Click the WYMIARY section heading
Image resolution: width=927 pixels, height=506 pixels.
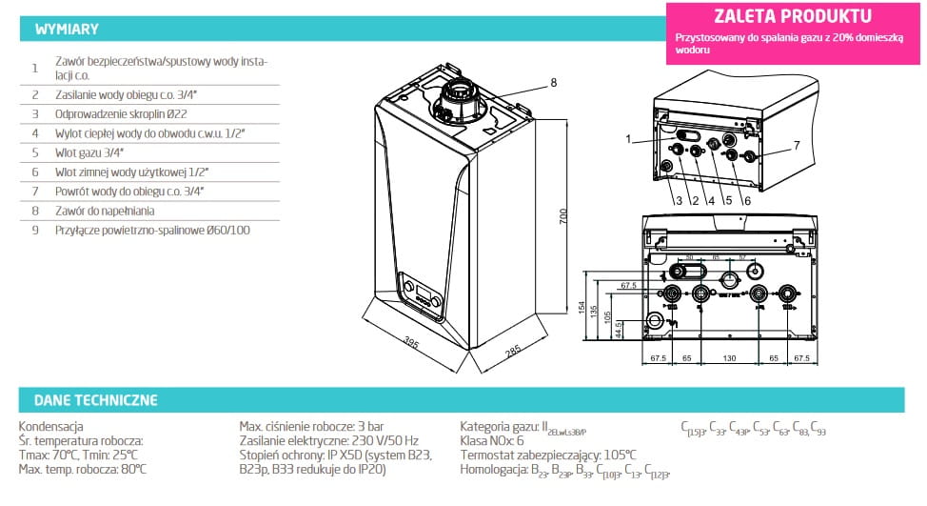66,30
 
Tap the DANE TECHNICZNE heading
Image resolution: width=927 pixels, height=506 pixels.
96,399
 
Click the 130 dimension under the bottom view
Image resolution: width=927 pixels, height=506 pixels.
728,359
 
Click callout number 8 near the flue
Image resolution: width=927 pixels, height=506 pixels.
553,83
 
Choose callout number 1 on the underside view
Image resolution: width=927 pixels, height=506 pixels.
628,139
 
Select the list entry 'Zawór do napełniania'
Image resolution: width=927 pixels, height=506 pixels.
105,211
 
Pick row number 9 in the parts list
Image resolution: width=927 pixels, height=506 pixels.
34,230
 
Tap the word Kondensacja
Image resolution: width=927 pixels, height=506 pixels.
51,427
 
